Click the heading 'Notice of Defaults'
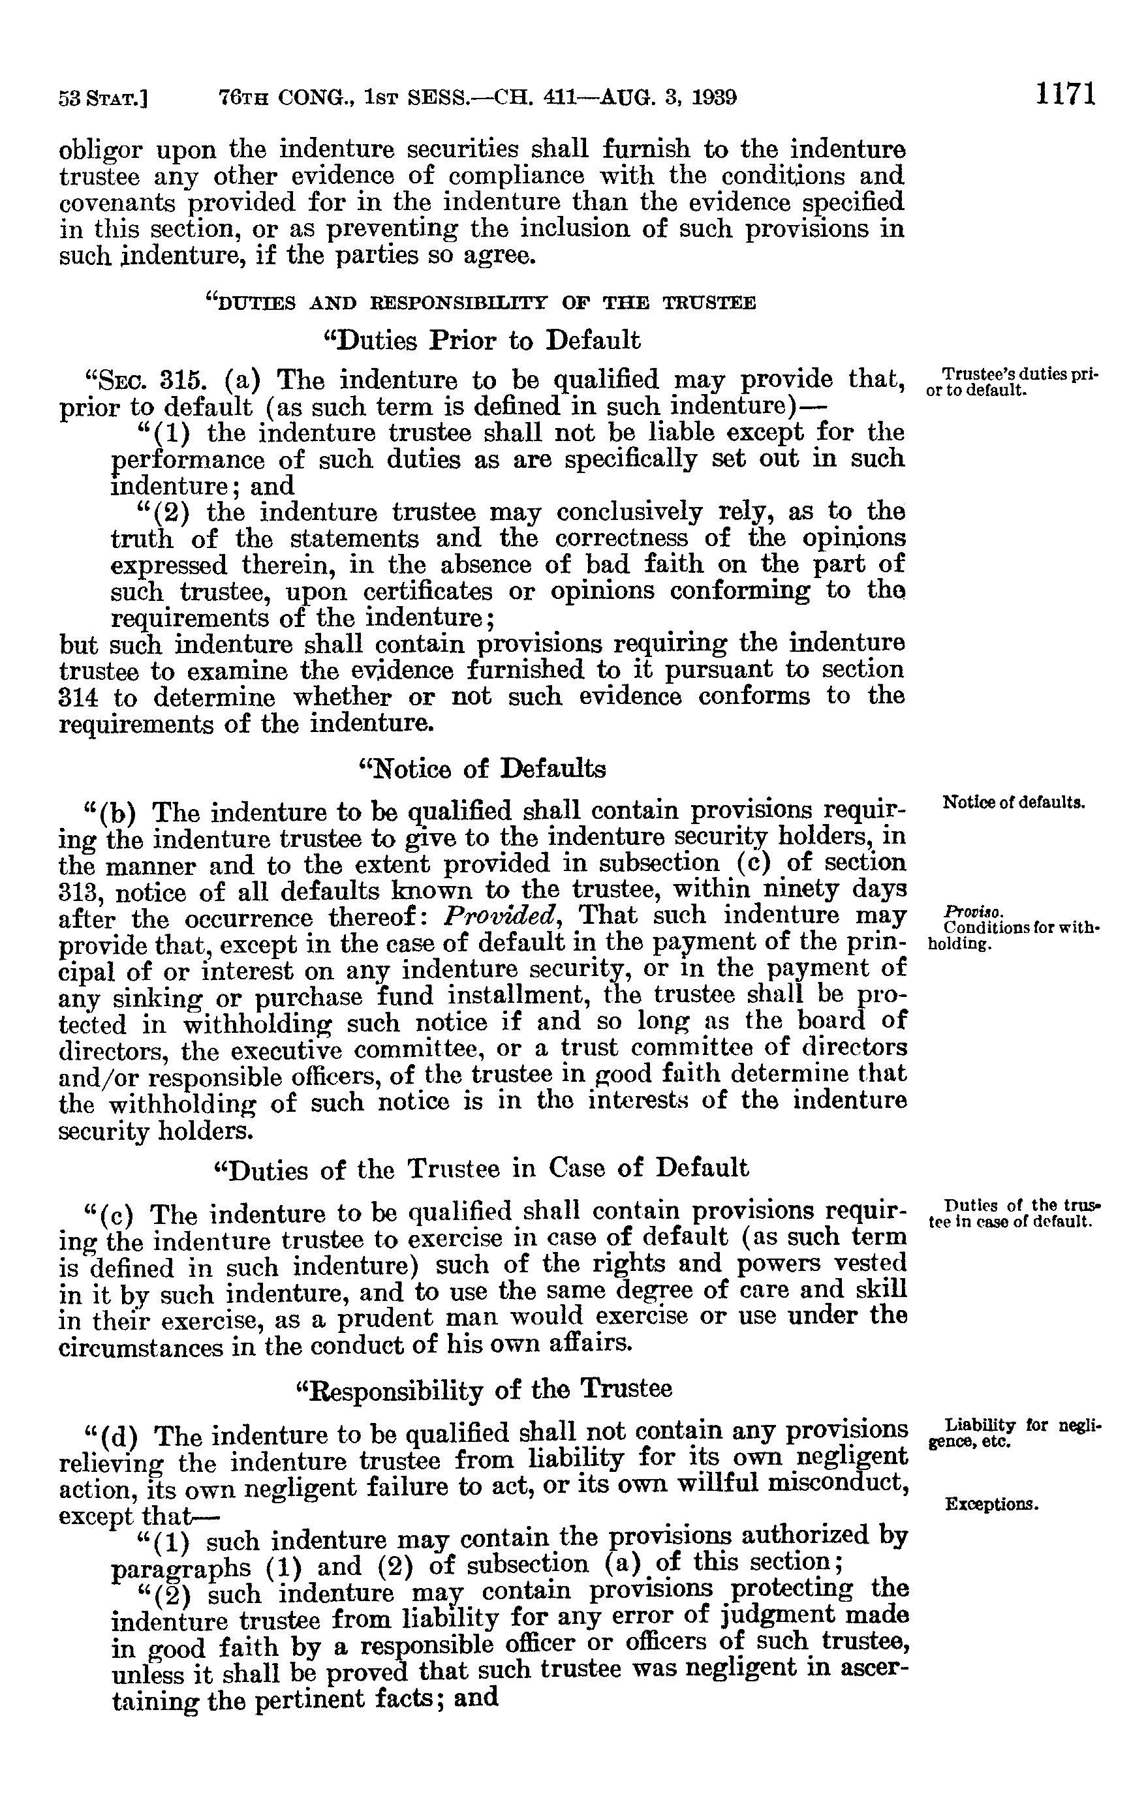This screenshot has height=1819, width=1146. click(x=481, y=769)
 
